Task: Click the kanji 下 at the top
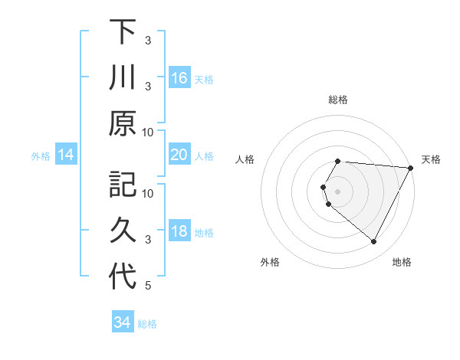click(123, 31)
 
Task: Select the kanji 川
click(123, 77)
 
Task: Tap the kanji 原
click(123, 123)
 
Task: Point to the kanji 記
click(123, 186)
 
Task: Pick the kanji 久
click(123, 232)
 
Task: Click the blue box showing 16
click(179, 78)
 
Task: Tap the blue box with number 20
click(179, 155)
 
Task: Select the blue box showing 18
click(179, 232)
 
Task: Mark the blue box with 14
click(66, 155)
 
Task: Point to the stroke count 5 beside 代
click(148, 286)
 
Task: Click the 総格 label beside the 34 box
click(147, 324)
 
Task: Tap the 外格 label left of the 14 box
click(41, 156)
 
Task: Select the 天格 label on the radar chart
click(431, 159)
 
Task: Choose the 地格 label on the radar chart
click(402, 262)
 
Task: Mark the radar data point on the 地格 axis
click(374, 242)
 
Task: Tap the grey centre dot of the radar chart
click(338, 191)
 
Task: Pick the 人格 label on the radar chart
click(245, 159)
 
